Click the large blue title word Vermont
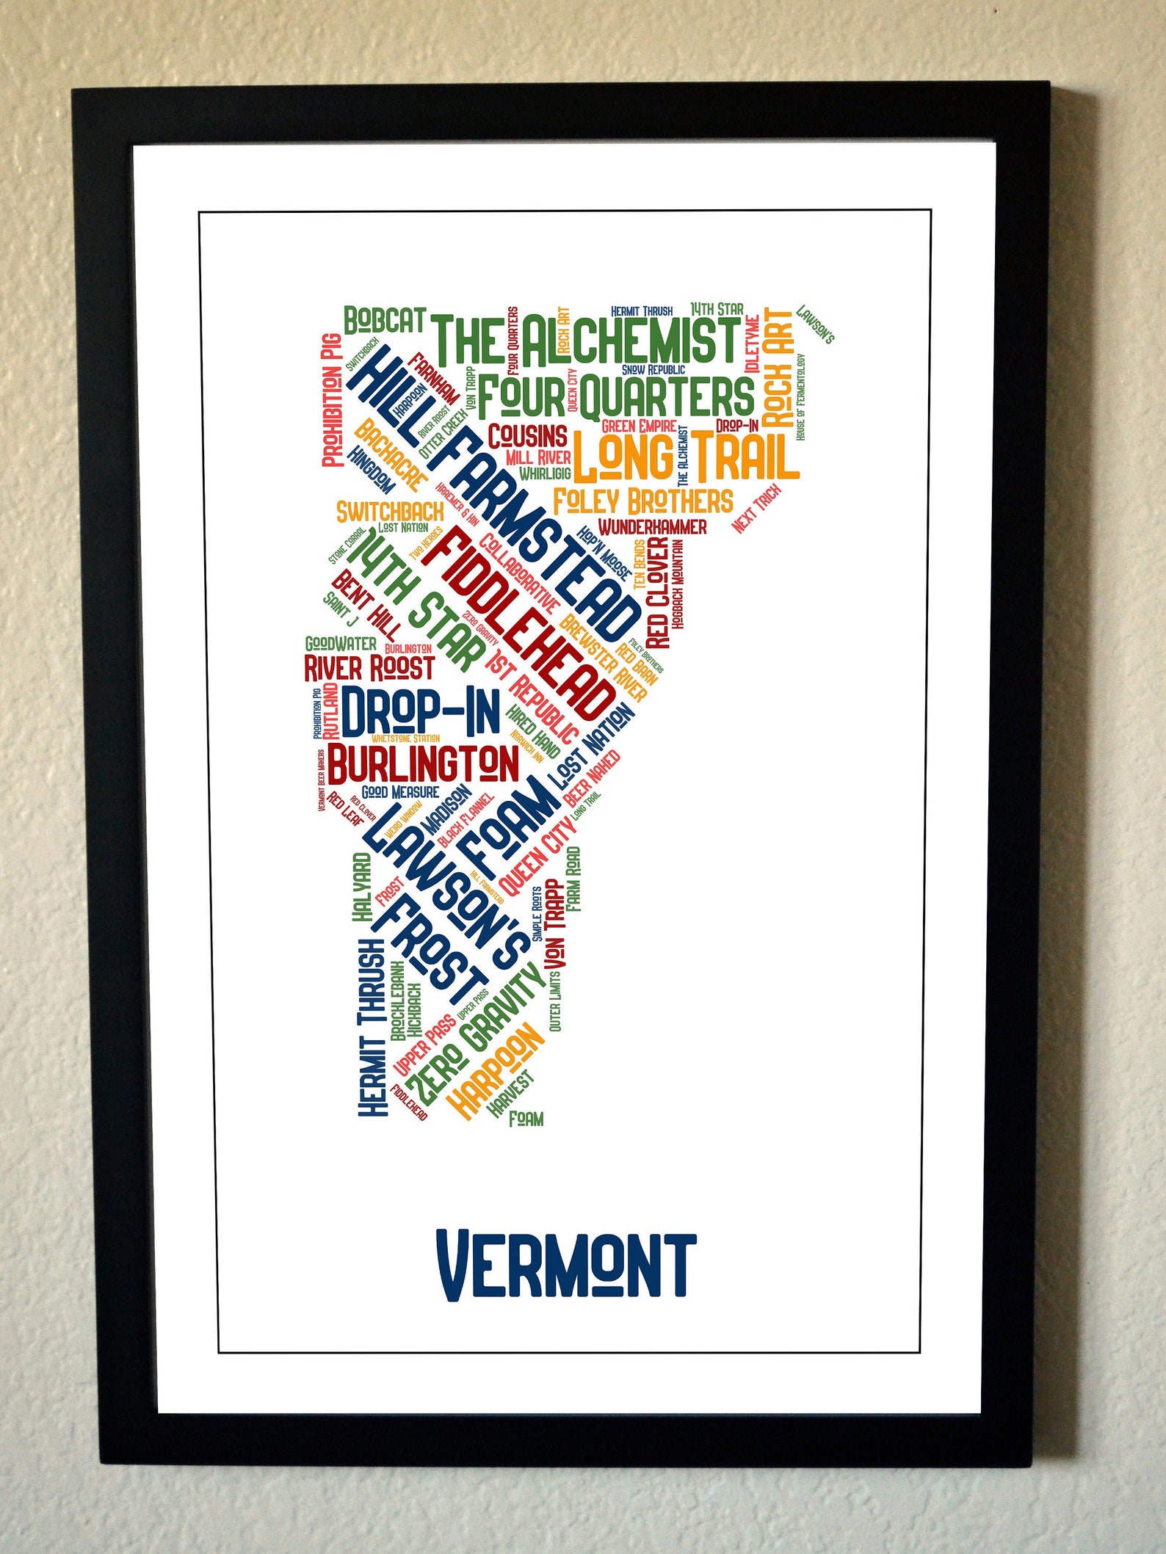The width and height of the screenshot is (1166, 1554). tap(565, 1264)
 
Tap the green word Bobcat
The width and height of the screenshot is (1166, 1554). tap(385, 321)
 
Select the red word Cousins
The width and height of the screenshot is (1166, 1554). tap(528, 436)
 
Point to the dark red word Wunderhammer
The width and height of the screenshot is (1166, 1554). tap(652, 527)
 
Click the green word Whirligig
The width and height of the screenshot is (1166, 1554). tap(545, 473)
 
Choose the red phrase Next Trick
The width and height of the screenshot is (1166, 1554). tap(756, 509)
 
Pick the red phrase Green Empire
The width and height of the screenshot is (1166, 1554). tap(639, 426)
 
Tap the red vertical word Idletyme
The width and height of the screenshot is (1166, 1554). tap(752, 344)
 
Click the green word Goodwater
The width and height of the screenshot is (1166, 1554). tap(341, 644)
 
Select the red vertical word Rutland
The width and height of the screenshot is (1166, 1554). tap(331, 711)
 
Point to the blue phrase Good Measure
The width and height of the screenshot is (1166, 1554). tap(400, 792)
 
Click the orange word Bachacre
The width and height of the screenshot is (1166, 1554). tap(389, 456)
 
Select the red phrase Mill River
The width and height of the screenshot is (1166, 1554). tap(538, 457)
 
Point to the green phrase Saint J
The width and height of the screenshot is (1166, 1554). tap(340, 609)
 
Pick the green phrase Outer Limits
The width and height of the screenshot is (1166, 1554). tap(554, 1002)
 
